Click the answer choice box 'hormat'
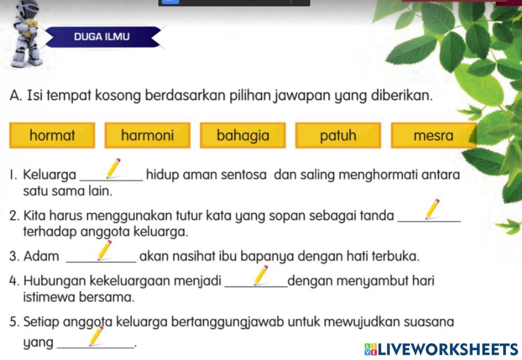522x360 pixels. tap(52, 136)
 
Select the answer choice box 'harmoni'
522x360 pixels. tap(147, 136)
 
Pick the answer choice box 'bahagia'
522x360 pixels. tap(243, 136)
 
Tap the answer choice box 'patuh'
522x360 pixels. tap(338, 136)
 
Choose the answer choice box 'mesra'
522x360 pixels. tap(433, 136)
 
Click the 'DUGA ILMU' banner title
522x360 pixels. tap(102, 37)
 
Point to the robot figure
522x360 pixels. tap(25, 34)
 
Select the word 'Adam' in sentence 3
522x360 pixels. tap(41, 257)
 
